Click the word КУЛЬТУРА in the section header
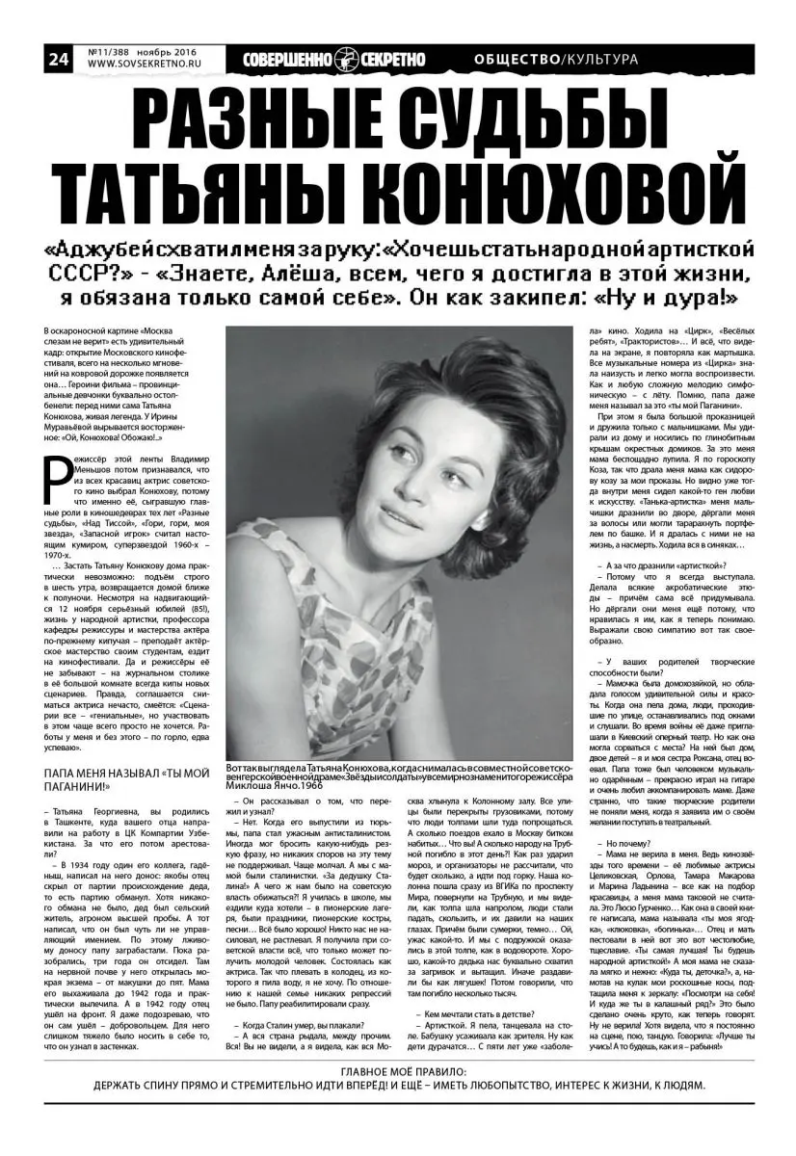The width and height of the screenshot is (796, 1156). point(601,60)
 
